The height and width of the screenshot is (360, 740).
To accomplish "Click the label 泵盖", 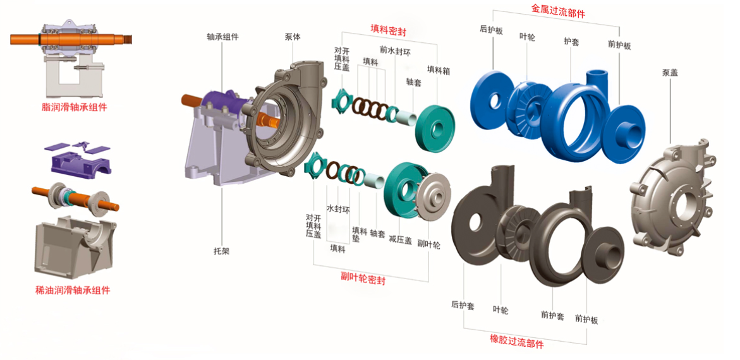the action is tap(670, 73).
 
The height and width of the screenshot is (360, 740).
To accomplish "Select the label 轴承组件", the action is tap(222, 37).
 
